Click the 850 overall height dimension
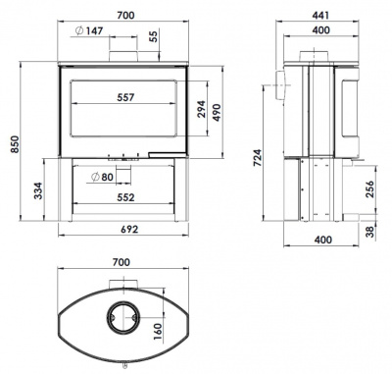point(15,144)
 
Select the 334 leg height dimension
point(38,190)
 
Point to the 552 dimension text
point(125,197)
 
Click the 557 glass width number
point(125,97)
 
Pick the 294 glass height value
point(201,109)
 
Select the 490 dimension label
point(217,113)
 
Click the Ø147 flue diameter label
point(89,30)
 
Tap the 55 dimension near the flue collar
point(154,35)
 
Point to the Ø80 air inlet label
point(102,177)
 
